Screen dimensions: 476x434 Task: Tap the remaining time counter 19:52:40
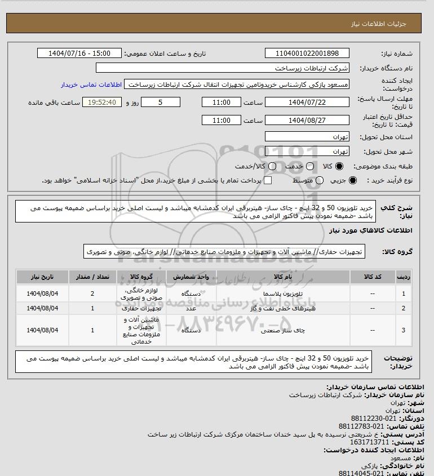point(102,103)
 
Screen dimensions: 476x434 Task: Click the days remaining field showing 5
point(161,103)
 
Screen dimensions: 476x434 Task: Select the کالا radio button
point(339,167)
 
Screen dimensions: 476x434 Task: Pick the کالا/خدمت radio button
point(273,167)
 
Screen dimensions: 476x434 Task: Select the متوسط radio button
point(320,180)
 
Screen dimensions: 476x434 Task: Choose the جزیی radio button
point(353,180)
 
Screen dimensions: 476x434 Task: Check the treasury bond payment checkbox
point(268,180)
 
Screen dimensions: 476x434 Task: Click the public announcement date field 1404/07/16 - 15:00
point(79,54)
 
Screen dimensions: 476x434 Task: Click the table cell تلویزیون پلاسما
point(282,293)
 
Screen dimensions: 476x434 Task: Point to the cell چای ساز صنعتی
point(282,331)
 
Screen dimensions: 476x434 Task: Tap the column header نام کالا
point(282,277)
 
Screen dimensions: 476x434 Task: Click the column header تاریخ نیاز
point(43,277)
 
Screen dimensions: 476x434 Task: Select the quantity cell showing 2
point(92,293)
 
